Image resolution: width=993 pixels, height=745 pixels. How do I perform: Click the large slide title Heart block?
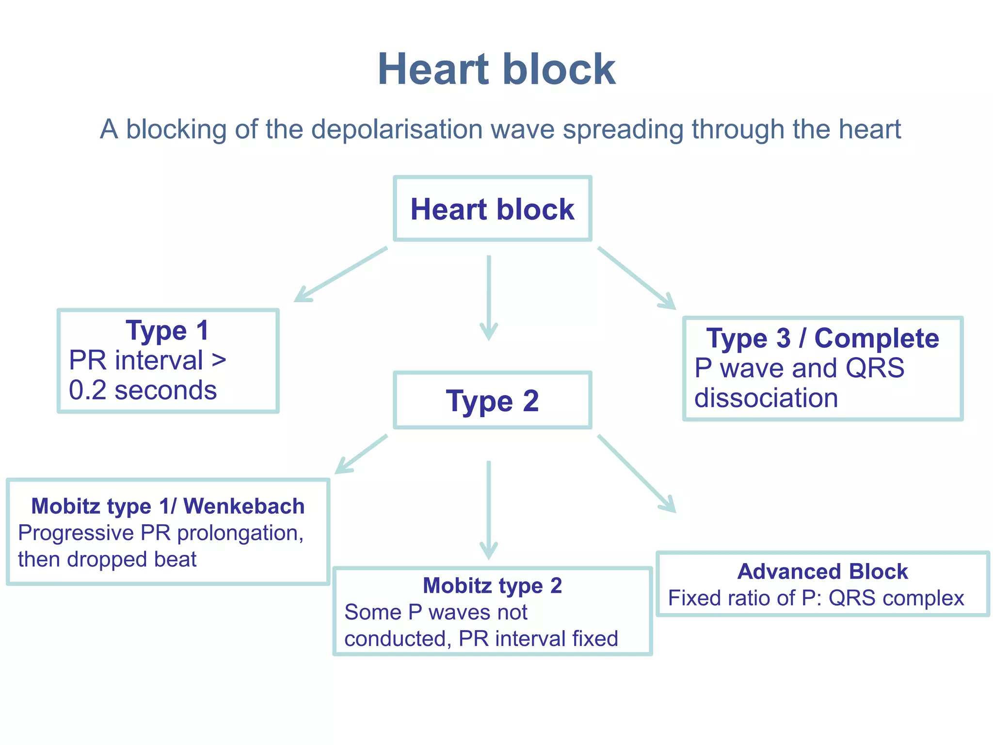pos(496,69)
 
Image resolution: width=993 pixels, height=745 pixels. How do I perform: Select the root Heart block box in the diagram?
pos(492,209)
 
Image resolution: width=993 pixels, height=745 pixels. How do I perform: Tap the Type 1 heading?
pos(167,331)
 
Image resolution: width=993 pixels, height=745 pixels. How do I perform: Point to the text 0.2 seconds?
pos(143,390)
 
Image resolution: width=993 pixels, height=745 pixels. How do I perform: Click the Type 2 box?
pos(492,401)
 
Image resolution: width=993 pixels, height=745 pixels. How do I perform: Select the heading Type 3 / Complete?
pos(822,339)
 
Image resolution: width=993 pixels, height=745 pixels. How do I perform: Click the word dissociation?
pos(766,398)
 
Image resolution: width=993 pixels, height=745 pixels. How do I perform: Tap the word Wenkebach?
pos(244,506)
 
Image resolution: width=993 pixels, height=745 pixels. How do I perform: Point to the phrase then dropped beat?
pos(107,559)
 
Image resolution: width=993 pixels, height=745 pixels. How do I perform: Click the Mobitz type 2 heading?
pos(492,586)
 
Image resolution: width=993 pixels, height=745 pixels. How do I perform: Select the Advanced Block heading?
pos(822,572)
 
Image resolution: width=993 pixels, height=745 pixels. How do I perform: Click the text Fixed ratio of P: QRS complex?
pos(816,598)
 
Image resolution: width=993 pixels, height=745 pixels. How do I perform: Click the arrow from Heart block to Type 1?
pos(341,275)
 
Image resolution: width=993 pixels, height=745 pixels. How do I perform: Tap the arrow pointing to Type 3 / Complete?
pos(636,277)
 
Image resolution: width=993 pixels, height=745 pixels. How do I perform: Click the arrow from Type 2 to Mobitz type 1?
pos(361,454)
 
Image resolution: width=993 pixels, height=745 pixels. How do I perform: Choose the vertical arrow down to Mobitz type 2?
pos(489,509)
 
